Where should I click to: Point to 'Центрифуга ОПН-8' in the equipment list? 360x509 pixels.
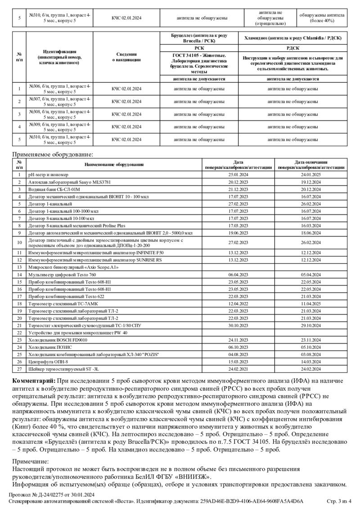click(x=48, y=362)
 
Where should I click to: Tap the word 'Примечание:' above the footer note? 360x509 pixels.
click(x=31, y=461)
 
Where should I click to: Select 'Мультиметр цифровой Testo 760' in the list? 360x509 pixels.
click(x=62, y=274)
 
